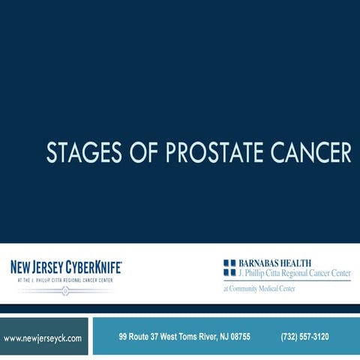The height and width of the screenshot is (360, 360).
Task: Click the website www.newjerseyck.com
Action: coord(43,338)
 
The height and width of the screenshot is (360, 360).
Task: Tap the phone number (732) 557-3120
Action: coord(304,337)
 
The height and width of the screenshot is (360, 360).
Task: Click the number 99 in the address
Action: coord(124,337)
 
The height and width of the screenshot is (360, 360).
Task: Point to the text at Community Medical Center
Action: coord(259,289)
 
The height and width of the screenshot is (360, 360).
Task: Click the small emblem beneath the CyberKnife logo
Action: coord(65,289)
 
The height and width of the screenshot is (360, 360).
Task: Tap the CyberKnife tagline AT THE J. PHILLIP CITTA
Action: coord(65,280)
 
